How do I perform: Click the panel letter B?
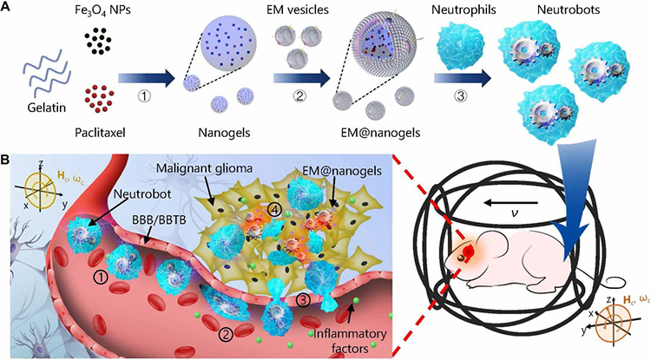coord(8,161)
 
